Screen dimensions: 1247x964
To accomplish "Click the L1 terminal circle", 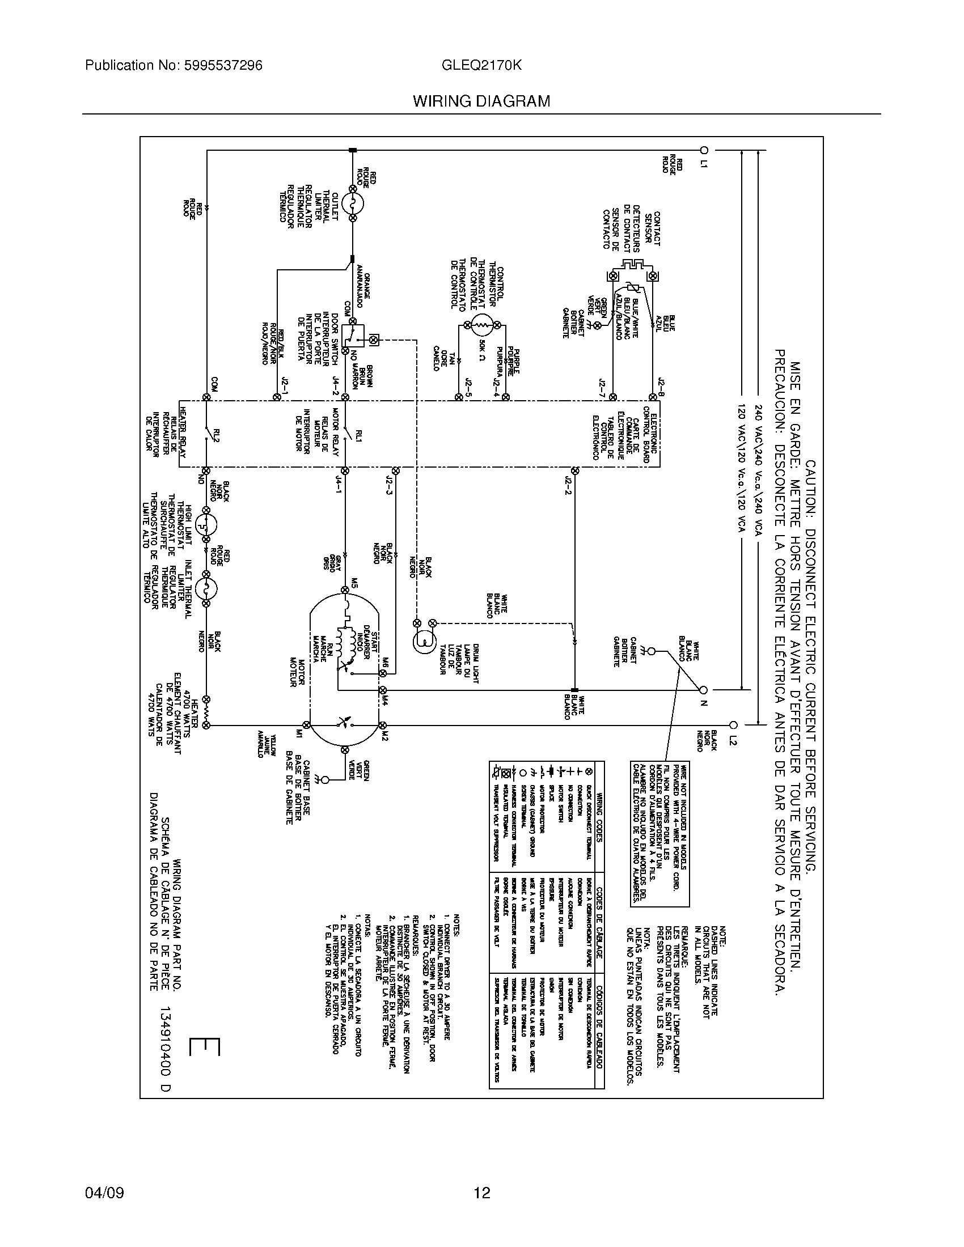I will pyautogui.click(x=704, y=150).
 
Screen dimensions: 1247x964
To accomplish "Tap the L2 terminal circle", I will pyautogui.click(x=734, y=725).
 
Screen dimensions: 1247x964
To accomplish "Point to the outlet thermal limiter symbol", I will pyautogui.click(x=353, y=203).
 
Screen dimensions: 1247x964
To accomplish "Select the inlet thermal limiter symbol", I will pyautogui.click(x=206, y=589).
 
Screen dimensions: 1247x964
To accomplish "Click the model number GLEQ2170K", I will pyautogui.click(x=481, y=66).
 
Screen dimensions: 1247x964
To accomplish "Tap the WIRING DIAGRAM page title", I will pyautogui.click(x=481, y=101).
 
